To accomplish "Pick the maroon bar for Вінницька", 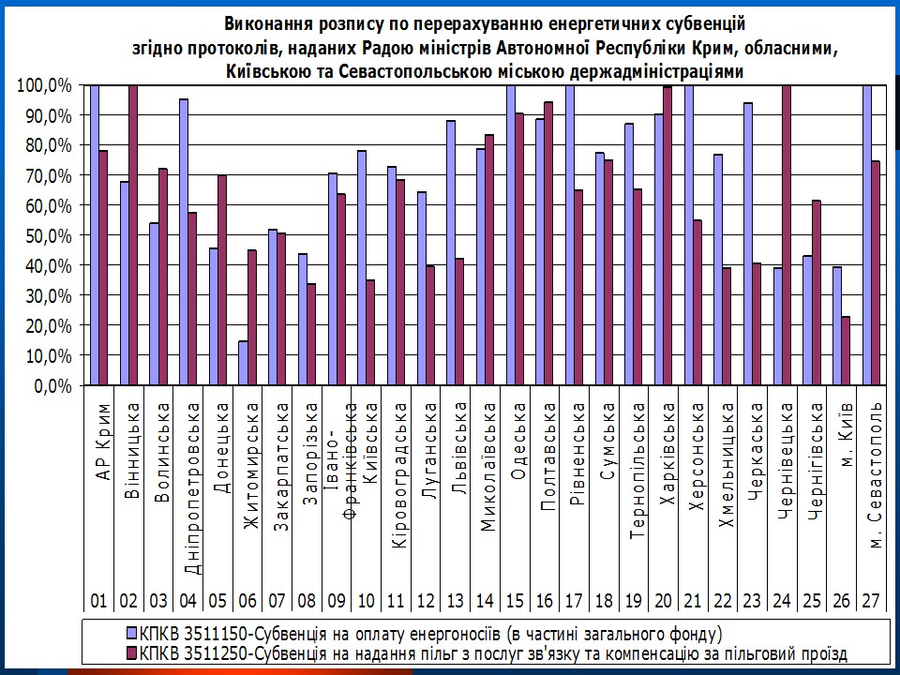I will pos(134,234).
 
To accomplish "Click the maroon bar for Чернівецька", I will pos(786,234).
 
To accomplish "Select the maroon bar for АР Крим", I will pos(103,267).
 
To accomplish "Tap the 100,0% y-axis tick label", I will pos(44,85).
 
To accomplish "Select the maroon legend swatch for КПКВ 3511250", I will pos(132,652).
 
